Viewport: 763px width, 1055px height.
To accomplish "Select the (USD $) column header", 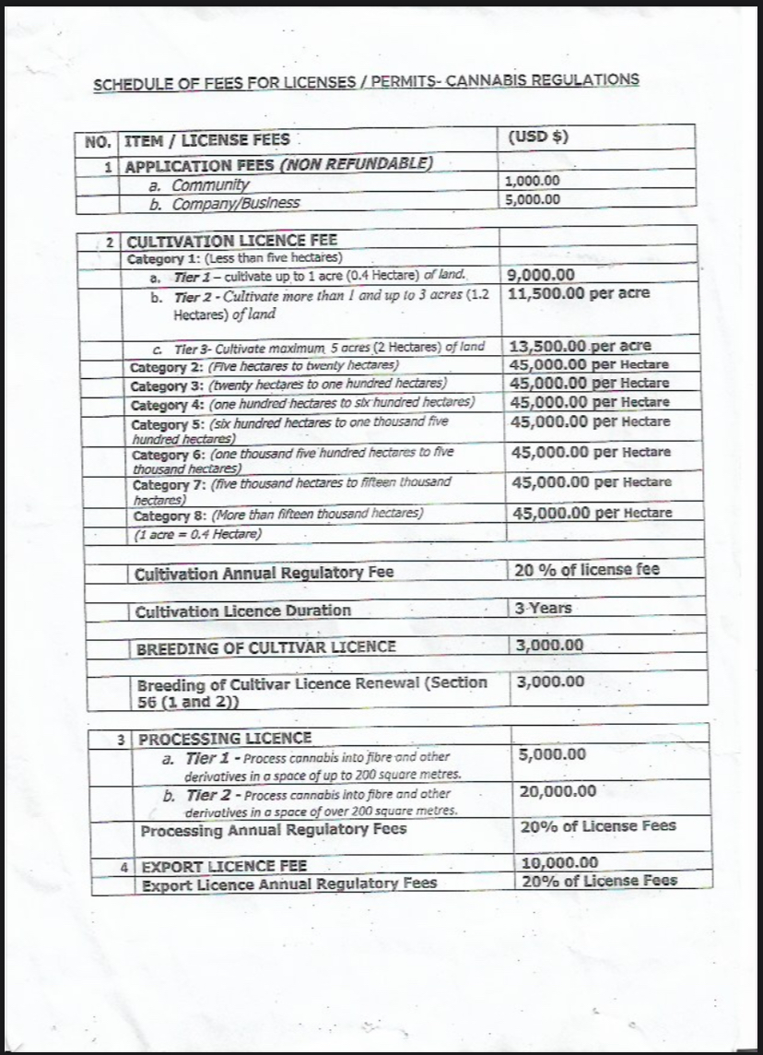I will pos(538,137).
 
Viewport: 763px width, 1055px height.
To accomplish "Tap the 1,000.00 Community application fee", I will pos(534,183).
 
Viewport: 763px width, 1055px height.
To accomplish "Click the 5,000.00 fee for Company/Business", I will pos(534,199).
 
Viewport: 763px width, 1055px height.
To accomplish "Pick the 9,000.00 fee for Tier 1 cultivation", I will pos(542,275).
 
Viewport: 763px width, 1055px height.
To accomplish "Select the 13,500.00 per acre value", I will pos(580,346).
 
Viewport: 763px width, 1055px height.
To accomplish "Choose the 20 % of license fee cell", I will pos(587,570).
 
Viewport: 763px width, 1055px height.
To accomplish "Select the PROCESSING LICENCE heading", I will pos(225,738).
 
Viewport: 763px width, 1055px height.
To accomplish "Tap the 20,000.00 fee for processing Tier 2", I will pos(558,791).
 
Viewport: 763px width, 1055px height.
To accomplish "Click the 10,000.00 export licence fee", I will pos(559,863).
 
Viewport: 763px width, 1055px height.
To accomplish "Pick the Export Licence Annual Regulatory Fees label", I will pos(288,883).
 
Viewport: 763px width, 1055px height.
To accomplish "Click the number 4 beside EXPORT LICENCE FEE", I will pos(124,867).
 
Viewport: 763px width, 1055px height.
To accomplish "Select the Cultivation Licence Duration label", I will pos(243,610).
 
